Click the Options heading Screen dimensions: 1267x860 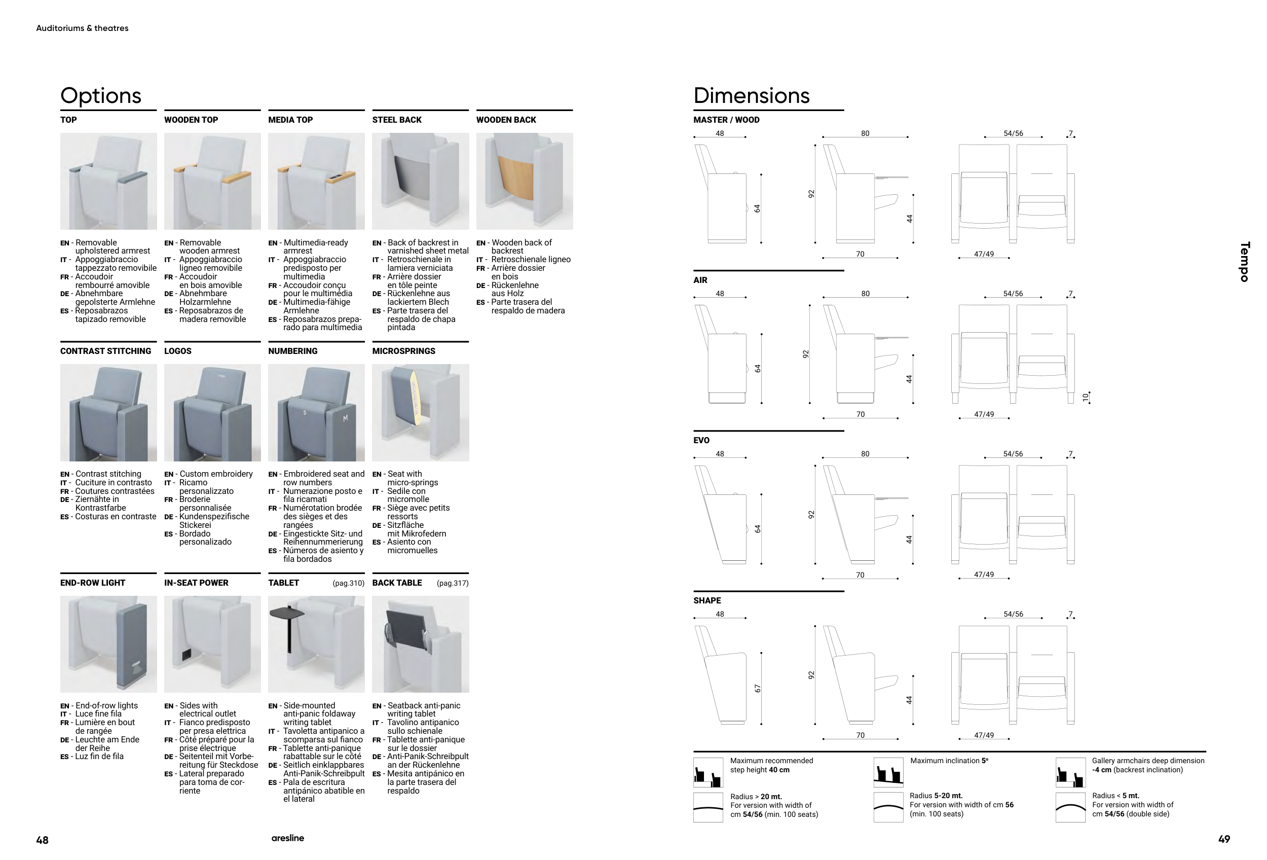(x=101, y=96)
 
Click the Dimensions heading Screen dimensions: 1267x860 (x=751, y=95)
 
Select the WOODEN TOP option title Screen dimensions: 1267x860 (x=191, y=120)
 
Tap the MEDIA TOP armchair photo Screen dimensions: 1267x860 (x=316, y=181)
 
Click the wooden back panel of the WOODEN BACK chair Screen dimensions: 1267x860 (x=515, y=177)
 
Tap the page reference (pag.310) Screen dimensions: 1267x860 (x=348, y=583)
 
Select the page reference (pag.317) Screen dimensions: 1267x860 (x=453, y=583)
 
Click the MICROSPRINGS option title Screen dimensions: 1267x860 (x=403, y=351)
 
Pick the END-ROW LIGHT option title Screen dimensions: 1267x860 (x=93, y=583)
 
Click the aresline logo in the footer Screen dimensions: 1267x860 (x=288, y=838)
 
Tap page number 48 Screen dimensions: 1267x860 (x=42, y=840)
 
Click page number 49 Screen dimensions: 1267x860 (x=1224, y=839)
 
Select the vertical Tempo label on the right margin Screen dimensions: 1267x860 (x=1245, y=262)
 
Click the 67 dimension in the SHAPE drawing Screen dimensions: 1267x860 (x=757, y=689)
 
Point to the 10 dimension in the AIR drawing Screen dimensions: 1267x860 (x=1085, y=398)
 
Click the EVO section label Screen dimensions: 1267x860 (x=701, y=441)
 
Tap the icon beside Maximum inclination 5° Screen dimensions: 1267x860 (x=888, y=772)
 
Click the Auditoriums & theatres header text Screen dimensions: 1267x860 (x=82, y=28)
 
